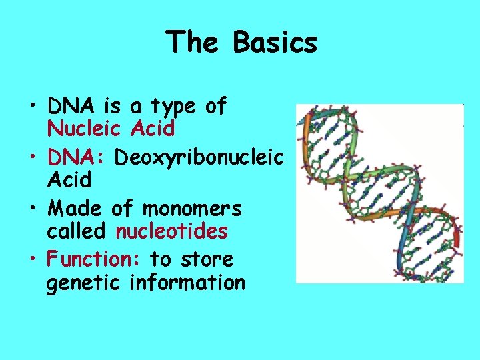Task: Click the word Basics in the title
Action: tap(275, 42)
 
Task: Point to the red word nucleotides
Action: tap(172, 231)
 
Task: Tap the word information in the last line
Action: tap(187, 283)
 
